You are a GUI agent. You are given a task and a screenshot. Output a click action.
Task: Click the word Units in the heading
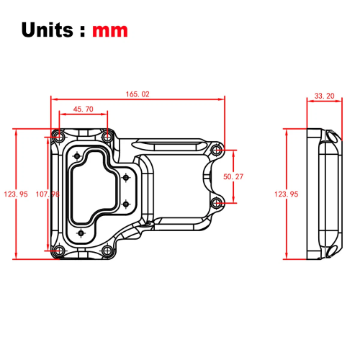coord(48,30)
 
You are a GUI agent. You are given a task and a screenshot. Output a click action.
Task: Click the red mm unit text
coord(110,31)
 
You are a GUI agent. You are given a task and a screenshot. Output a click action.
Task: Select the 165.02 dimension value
coord(138,94)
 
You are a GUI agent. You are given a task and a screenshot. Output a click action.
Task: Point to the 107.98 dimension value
coord(47,194)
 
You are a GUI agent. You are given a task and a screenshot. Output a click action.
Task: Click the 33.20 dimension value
coord(325,95)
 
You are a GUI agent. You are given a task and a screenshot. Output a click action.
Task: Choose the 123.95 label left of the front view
coord(15,194)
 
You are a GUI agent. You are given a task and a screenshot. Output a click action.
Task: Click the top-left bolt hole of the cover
coord(58,135)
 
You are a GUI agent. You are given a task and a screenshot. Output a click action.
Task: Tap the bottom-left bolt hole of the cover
coord(58,251)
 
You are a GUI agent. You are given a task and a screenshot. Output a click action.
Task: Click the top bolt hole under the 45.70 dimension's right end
coord(107,135)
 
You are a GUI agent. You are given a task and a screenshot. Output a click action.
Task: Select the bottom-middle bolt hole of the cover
coord(107,251)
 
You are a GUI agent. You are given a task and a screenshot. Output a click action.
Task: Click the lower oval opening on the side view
coord(332,250)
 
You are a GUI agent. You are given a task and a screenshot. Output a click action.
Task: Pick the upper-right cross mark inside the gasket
coord(125,176)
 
